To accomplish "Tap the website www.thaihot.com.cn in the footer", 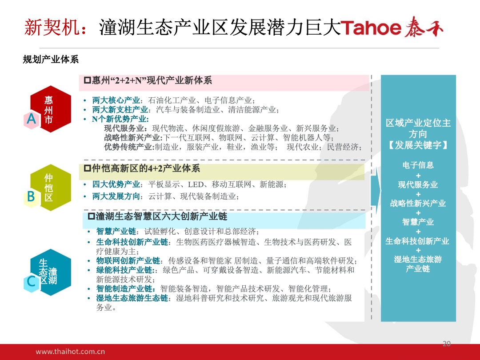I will (x=70, y=352).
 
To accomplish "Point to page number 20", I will (x=447, y=343).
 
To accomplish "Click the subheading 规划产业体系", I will (x=51, y=59).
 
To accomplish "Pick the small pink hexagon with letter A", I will (x=31, y=119).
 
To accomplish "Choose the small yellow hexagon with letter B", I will (x=31, y=197).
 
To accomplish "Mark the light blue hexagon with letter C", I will (x=31, y=282).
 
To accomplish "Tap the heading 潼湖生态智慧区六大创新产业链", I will (x=158, y=216).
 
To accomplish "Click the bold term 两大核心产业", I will (x=116, y=100).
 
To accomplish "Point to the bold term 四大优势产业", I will (x=116, y=184).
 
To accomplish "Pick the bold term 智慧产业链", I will (x=116, y=232).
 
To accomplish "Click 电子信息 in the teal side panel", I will (x=418, y=165).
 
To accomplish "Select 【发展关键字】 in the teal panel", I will (x=418, y=145).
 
